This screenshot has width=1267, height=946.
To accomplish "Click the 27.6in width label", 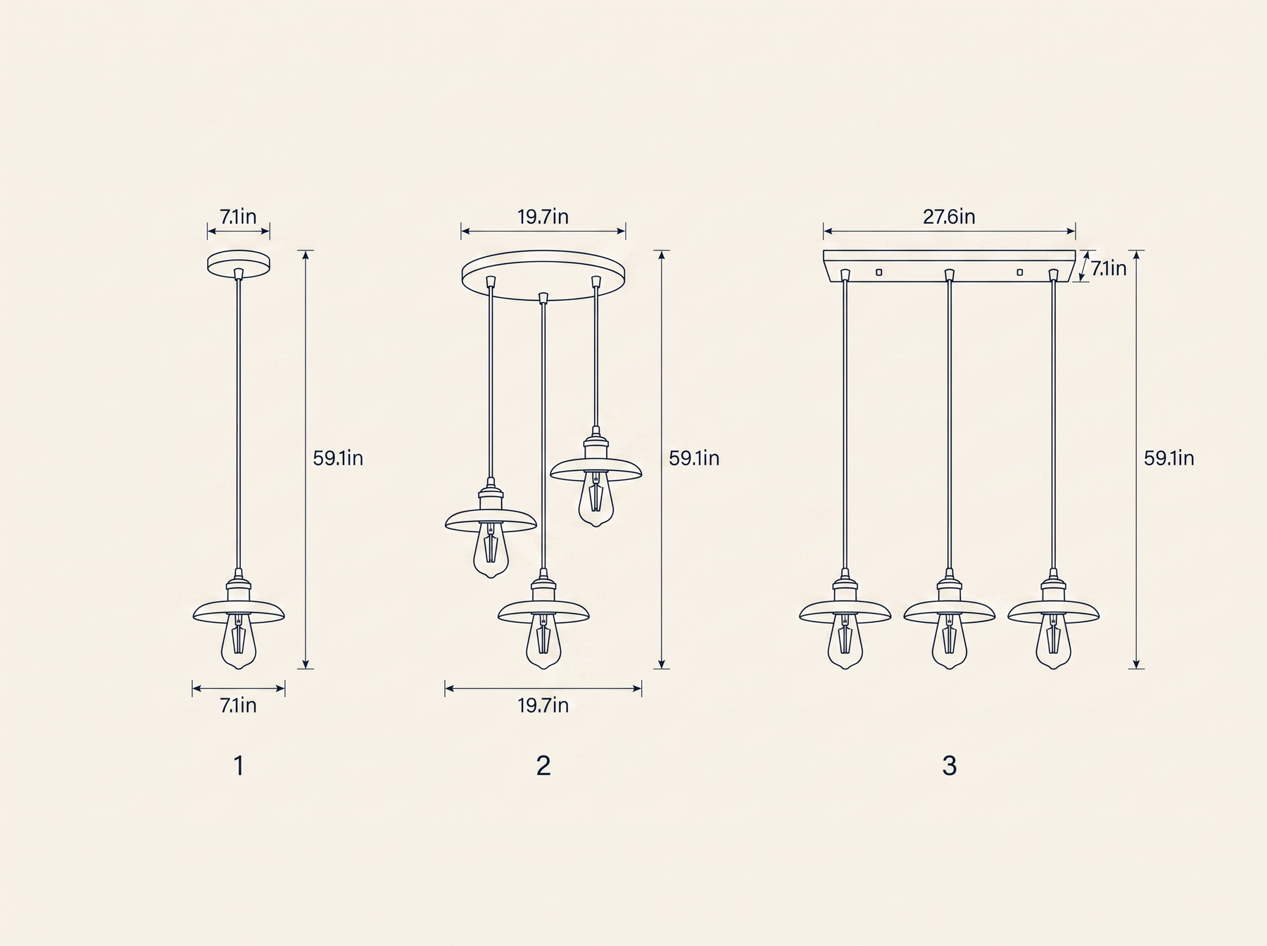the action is (x=949, y=216).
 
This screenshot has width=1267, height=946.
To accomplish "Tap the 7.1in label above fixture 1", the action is (x=239, y=216).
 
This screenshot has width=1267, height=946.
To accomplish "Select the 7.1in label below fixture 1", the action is (x=239, y=705).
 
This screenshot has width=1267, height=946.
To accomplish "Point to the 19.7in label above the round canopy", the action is (x=543, y=216).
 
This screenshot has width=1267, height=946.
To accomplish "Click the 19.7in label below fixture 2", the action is (x=543, y=705).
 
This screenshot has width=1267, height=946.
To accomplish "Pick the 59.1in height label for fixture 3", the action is (x=1168, y=458).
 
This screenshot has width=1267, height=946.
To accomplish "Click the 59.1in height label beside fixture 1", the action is (x=338, y=458).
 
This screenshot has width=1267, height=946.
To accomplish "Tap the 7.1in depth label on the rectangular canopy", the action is (x=1109, y=268).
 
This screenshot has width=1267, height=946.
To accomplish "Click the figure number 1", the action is (x=239, y=766).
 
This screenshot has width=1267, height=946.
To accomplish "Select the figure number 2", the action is (x=543, y=766).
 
